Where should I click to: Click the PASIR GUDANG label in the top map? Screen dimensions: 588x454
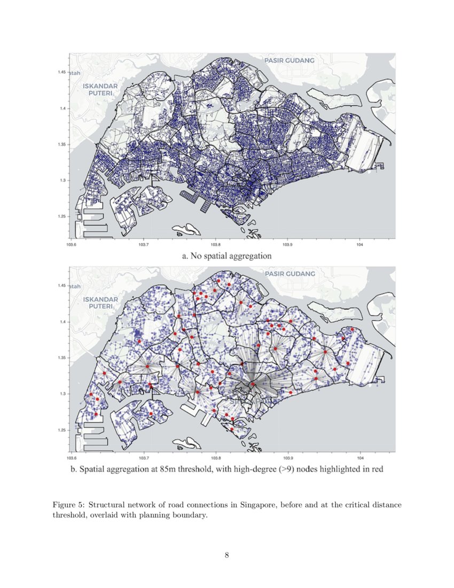pyautogui.click(x=289, y=61)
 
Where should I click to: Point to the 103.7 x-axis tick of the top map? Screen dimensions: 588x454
pyautogui.click(x=144, y=245)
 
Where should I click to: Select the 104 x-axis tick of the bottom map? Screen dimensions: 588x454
pyautogui.click(x=360, y=458)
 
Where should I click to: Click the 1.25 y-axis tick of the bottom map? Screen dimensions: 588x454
pyautogui.click(x=63, y=430)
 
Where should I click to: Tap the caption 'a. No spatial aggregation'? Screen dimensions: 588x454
pyautogui.click(x=227, y=256)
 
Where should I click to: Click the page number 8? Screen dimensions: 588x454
pyautogui.click(x=227, y=555)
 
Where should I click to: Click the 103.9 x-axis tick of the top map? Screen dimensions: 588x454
pyautogui.click(x=288, y=245)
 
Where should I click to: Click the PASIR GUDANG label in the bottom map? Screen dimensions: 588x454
pyautogui.click(x=289, y=274)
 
